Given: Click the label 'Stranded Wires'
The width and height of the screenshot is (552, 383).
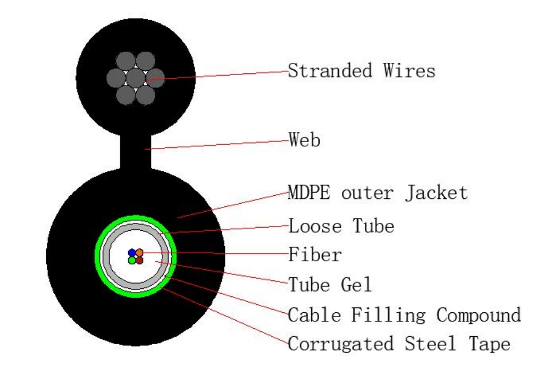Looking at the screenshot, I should (362, 70).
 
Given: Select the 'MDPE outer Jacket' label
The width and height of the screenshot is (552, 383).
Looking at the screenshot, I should (378, 193).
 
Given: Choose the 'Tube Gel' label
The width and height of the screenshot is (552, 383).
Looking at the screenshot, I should (330, 285).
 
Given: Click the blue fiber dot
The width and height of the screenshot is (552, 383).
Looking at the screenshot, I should (131, 253).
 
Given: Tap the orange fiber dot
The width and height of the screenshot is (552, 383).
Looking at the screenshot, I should (139, 253).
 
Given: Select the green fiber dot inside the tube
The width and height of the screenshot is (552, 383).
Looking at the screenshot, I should (131, 261).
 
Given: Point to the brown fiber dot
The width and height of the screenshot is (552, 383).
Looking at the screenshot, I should (139, 261).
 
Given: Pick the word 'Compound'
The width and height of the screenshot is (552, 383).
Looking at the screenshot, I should (479, 315).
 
